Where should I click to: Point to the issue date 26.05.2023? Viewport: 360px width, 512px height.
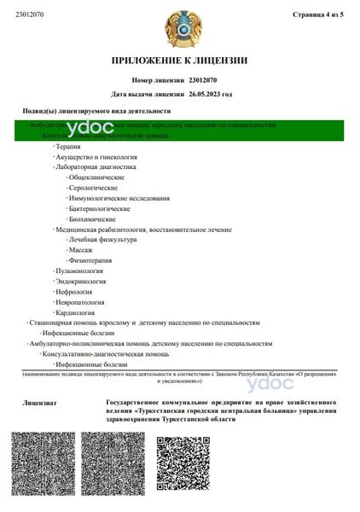(x=210, y=94)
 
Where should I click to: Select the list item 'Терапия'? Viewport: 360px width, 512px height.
(x=68, y=148)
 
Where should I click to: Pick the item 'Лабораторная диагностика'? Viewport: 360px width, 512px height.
(x=95, y=168)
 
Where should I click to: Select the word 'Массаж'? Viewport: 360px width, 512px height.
(x=82, y=250)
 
